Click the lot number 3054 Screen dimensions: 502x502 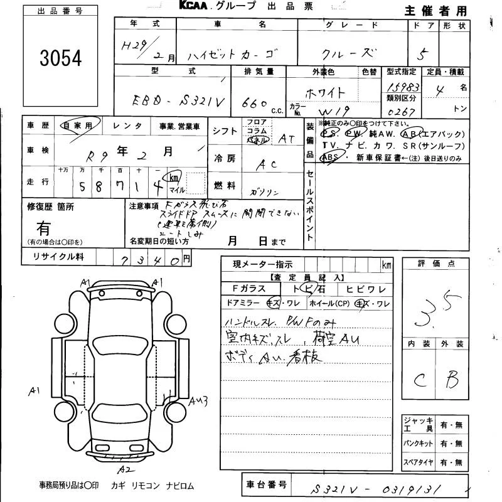pyautogui.click(x=60, y=58)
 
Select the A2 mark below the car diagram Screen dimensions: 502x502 pyautogui.click(x=124, y=467)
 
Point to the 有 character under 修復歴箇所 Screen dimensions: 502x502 pyautogui.click(x=44, y=227)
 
